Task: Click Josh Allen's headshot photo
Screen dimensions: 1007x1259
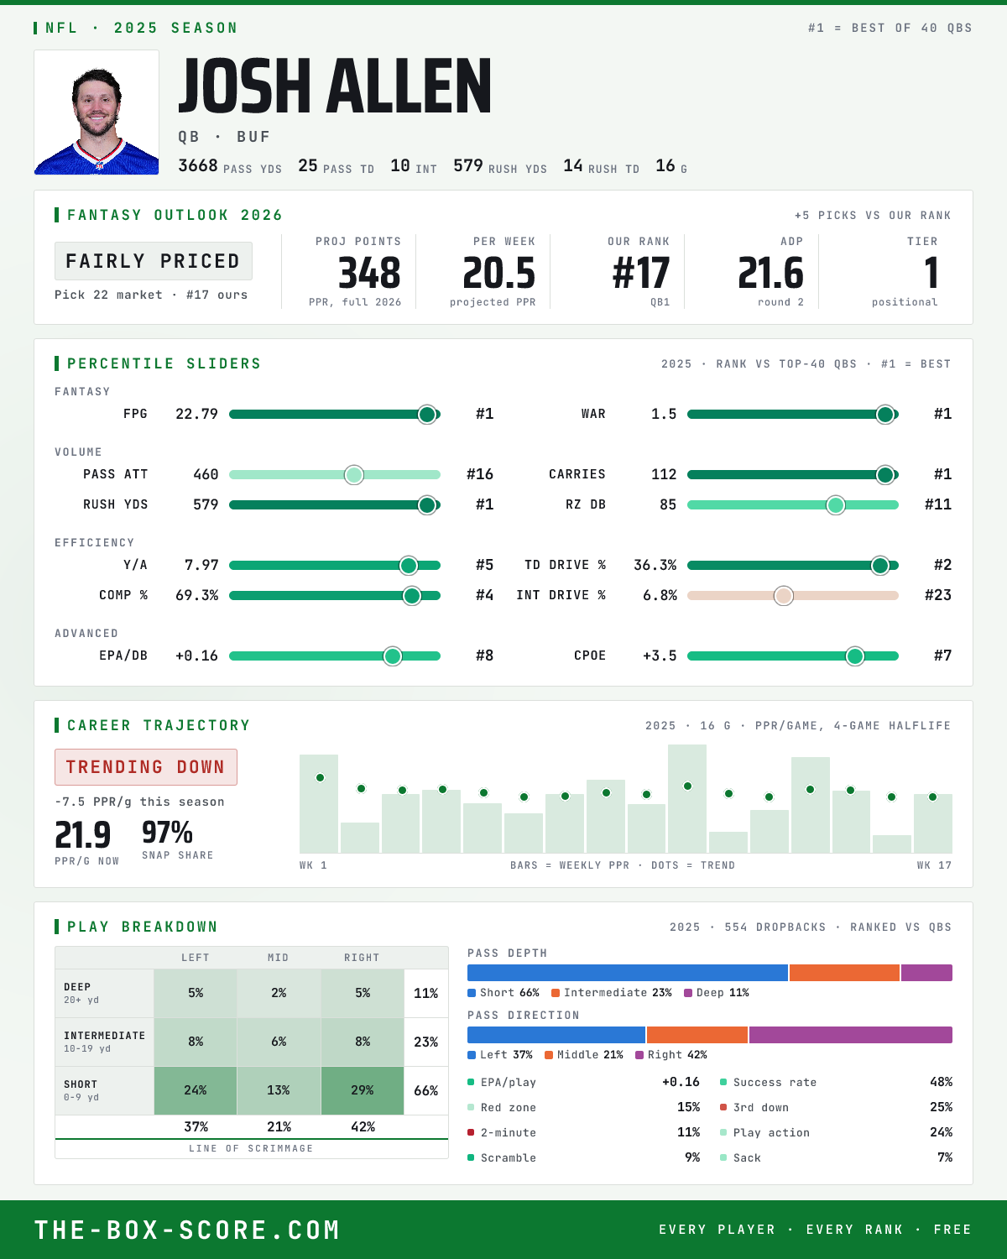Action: (x=97, y=112)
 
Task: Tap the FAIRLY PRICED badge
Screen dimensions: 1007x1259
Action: (x=154, y=261)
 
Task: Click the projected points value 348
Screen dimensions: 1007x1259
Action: (x=369, y=274)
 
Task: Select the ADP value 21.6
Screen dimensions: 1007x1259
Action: (x=770, y=274)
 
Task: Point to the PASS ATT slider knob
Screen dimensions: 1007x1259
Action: (x=354, y=474)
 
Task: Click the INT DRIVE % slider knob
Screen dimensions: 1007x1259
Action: (x=784, y=596)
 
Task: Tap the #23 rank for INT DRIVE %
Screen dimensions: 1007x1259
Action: (x=938, y=595)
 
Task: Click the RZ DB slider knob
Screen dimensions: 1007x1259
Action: (x=836, y=505)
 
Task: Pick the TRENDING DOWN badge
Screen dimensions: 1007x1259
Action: (x=146, y=767)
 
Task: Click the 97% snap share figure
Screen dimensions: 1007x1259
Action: (x=167, y=832)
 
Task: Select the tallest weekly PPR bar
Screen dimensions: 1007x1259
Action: (x=687, y=798)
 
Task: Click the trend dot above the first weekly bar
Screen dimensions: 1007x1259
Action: (x=320, y=777)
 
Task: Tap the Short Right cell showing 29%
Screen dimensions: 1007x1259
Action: (x=363, y=1090)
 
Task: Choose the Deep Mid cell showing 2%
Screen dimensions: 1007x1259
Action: (x=279, y=993)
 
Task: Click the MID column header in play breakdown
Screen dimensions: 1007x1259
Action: (x=278, y=958)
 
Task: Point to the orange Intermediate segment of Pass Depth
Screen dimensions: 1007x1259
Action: (x=844, y=972)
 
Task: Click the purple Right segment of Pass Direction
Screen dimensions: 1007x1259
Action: (x=850, y=1034)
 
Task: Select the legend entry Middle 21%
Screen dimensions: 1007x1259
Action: (x=584, y=1054)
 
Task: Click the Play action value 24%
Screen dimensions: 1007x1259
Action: (x=941, y=1132)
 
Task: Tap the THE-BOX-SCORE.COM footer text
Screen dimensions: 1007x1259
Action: (x=187, y=1230)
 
